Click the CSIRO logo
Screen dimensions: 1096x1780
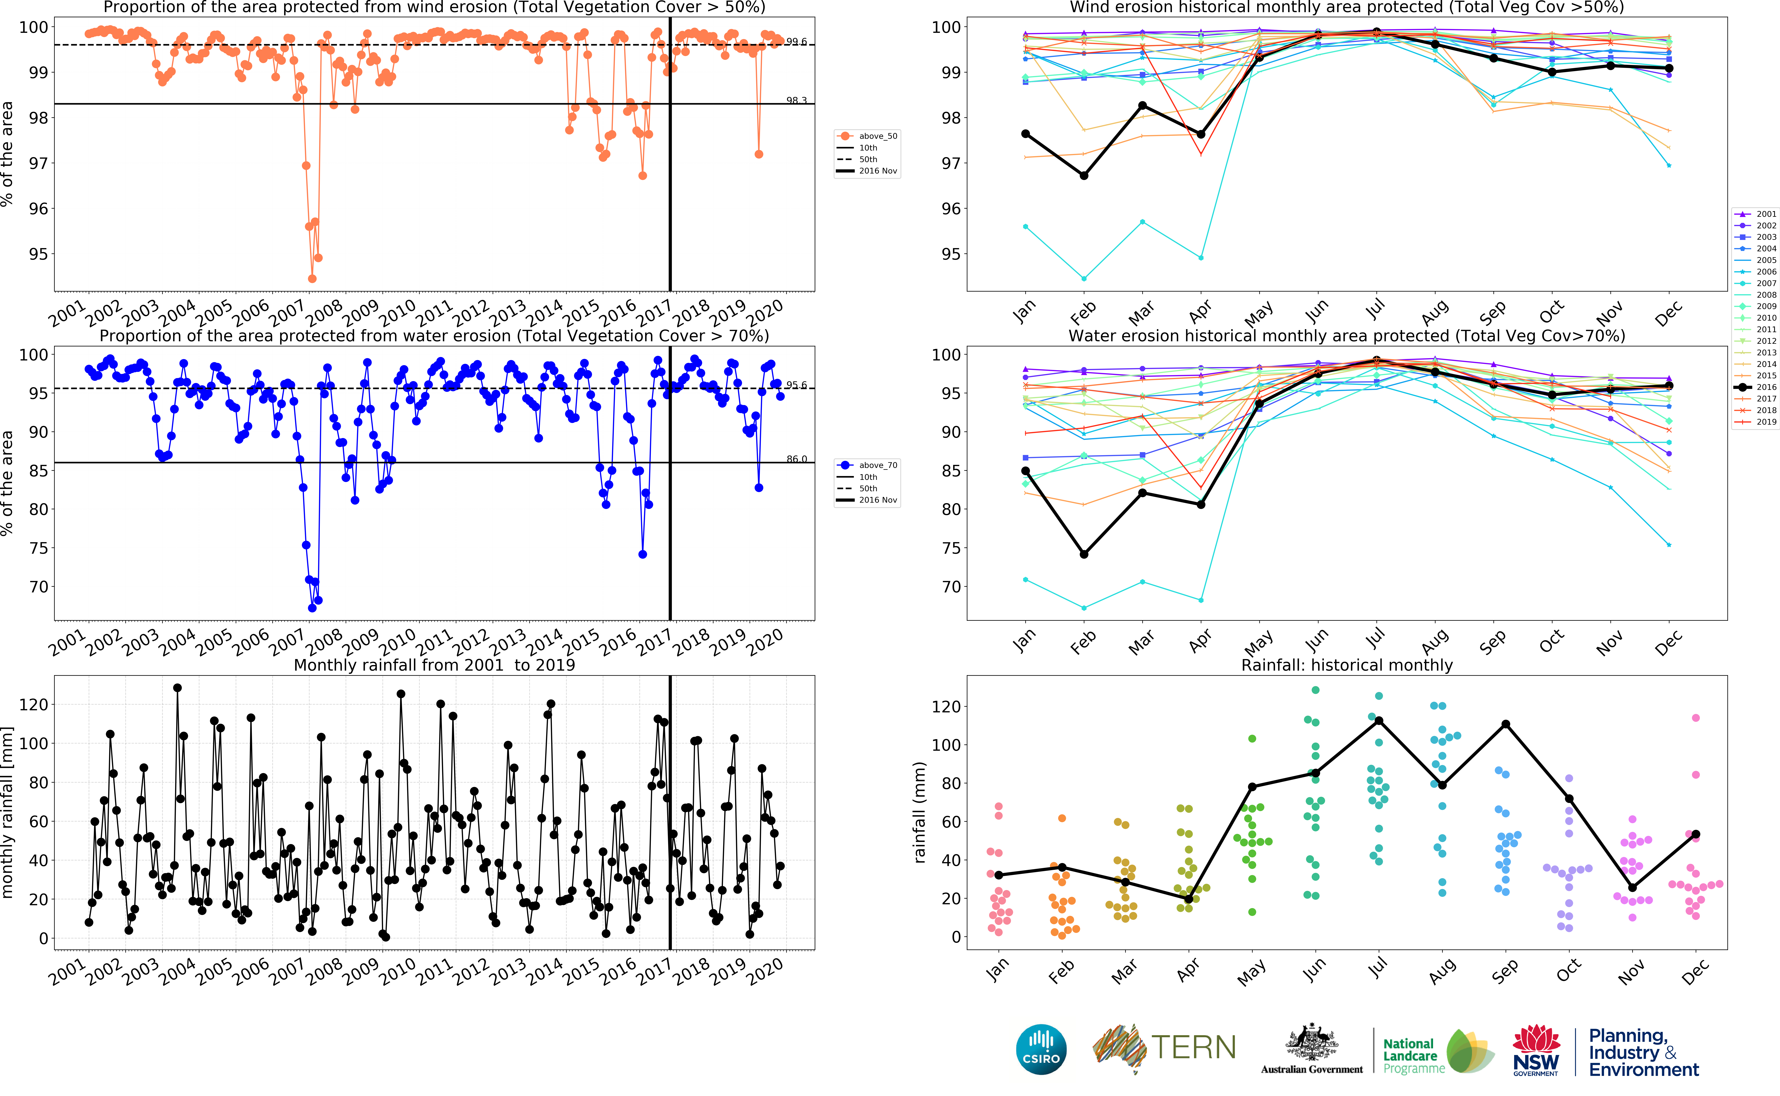[x=1041, y=1049]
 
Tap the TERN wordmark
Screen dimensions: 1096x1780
[x=1193, y=1047]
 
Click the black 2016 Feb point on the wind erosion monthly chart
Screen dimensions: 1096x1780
[x=1084, y=175]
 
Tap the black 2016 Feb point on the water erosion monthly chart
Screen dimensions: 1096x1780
[x=1084, y=554]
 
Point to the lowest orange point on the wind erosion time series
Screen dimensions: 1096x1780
[x=312, y=278]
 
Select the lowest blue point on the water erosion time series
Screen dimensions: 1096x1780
[x=312, y=608]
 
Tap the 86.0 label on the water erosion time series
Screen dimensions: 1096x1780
[x=796, y=459]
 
